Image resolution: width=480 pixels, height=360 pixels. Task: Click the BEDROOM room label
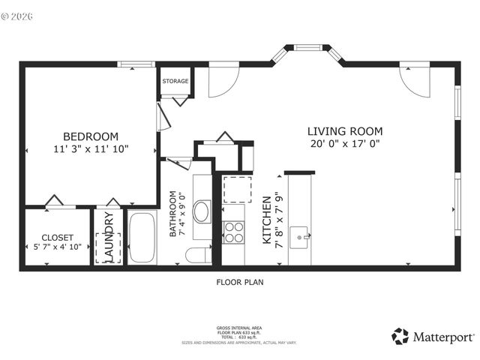pos(90,136)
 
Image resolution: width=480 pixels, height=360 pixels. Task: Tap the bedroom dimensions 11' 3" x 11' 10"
pos(90,148)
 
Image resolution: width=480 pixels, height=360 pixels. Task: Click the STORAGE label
pos(175,81)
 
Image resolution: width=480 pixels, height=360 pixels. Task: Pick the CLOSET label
pos(57,237)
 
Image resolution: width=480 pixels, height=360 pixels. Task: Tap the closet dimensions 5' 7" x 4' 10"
pos(57,247)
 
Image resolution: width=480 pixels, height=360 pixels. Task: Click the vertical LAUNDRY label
pos(109,238)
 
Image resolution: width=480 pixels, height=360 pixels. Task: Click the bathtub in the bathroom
pos(142,238)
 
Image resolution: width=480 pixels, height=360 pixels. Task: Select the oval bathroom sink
pos(202,211)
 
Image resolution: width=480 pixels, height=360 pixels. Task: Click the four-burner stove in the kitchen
pos(234,232)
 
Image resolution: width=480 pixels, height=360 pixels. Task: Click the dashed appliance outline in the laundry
pos(108,247)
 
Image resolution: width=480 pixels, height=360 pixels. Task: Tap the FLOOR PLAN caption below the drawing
pos(240,283)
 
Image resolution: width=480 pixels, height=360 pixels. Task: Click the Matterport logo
pos(433,336)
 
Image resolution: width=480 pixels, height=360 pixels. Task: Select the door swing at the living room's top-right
pos(417,82)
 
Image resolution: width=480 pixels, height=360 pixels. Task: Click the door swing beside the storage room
pos(222,83)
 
